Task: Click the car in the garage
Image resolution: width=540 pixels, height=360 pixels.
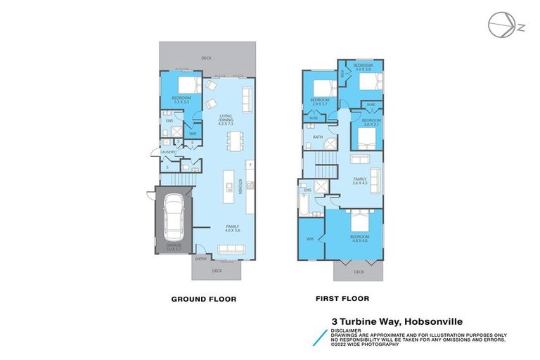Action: (172, 219)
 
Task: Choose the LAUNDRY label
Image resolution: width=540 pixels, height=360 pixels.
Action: (167, 151)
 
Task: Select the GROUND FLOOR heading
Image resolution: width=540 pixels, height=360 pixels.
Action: (204, 299)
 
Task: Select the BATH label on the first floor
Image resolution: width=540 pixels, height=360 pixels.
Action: (318, 137)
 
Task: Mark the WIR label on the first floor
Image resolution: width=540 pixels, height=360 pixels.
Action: (309, 239)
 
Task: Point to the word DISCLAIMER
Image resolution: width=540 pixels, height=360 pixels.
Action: (347, 330)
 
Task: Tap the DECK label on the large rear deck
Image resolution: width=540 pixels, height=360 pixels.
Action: (206, 58)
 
